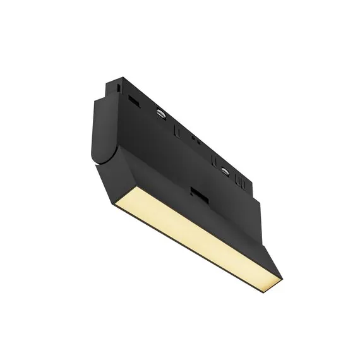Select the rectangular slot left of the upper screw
[x=133, y=99]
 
